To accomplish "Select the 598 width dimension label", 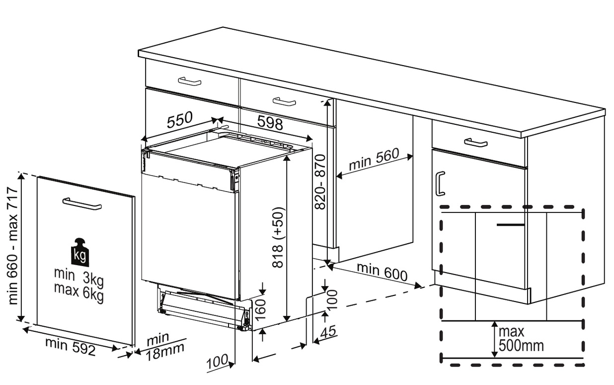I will click(270, 123).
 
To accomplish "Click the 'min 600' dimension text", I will click(382, 272).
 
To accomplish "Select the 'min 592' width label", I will click(70, 346).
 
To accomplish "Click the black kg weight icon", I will click(80, 252).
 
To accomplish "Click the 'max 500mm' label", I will click(521, 338).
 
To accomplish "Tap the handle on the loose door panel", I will click(82, 203).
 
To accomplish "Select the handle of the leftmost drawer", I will click(189, 81).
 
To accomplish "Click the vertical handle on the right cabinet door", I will click(440, 184).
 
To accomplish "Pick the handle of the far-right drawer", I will click(475, 143).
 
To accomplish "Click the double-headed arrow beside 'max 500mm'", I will click(494, 339).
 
